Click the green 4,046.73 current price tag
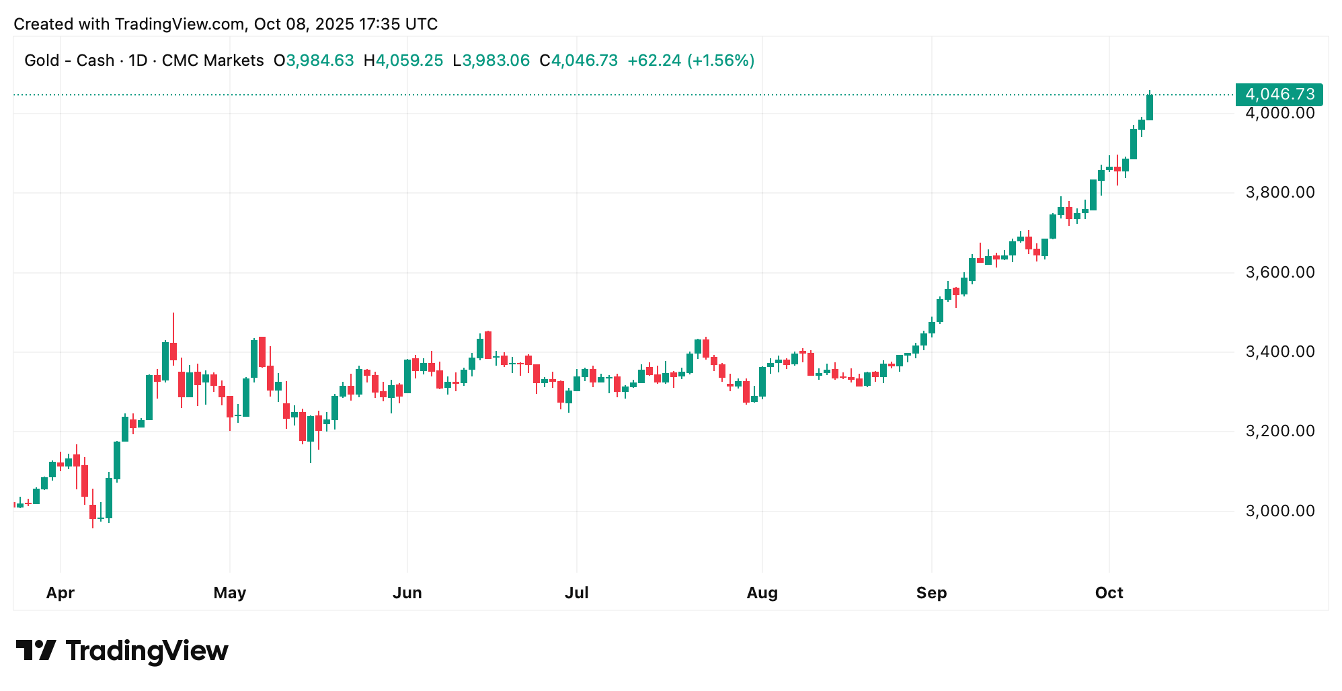tap(1279, 94)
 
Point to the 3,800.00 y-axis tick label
tap(1279, 193)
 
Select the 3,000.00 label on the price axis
tap(1279, 511)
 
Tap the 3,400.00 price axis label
tap(1279, 352)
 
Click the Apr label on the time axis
tap(61, 593)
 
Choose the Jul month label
tap(576, 593)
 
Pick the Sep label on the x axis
tap(931, 593)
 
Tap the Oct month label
tap(1109, 593)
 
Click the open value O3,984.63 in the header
tap(313, 60)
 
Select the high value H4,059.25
tap(403, 60)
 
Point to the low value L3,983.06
tap(491, 60)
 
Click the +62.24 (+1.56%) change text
tap(690, 60)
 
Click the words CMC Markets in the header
tap(212, 60)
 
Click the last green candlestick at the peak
tap(1150, 108)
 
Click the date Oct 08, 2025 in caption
tap(303, 24)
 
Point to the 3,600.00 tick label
tap(1279, 272)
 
